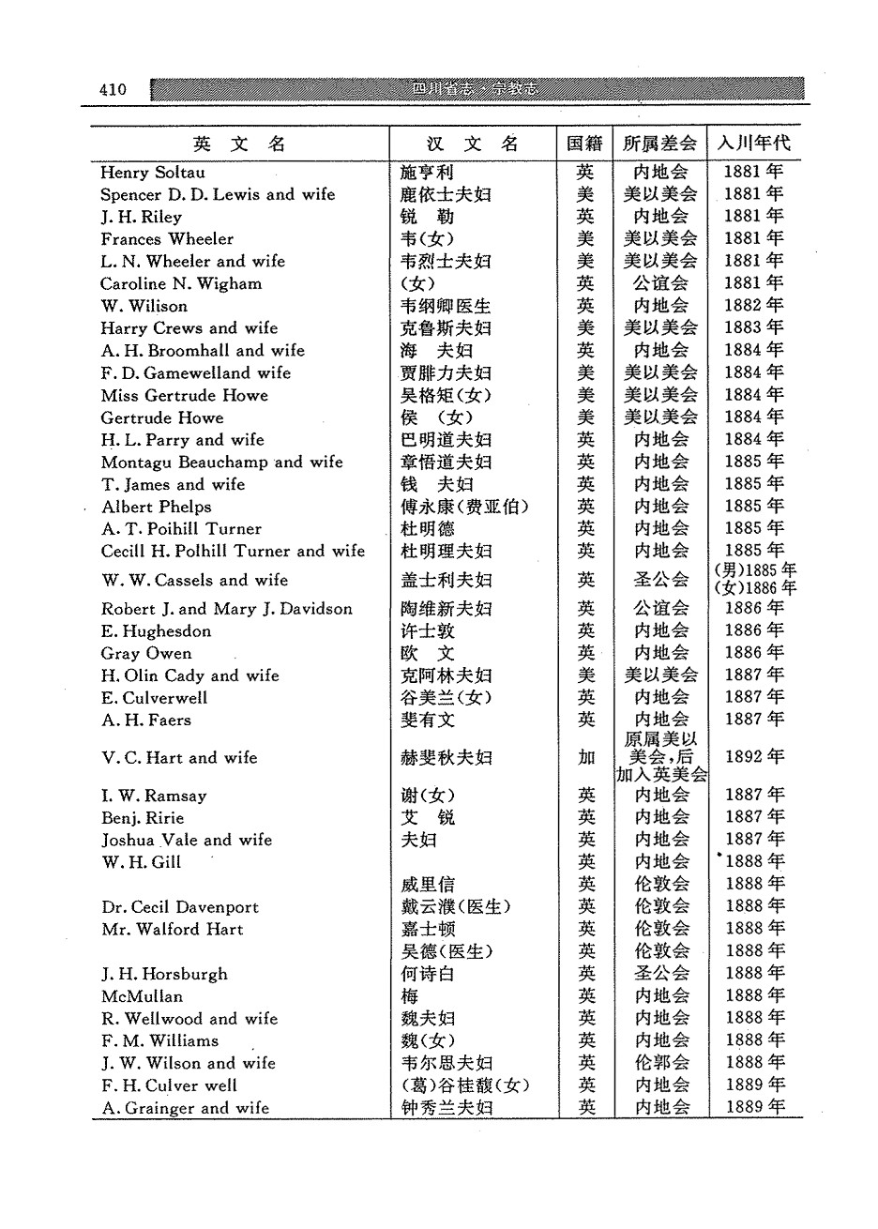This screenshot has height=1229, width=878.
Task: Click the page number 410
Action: [112, 89]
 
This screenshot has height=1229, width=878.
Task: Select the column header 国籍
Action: [584, 144]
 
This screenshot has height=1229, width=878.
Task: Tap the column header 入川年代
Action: [753, 144]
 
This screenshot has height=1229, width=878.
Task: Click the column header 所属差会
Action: [660, 144]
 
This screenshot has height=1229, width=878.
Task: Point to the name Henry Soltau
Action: [152, 173]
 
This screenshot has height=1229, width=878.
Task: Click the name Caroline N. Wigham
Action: [181, 283]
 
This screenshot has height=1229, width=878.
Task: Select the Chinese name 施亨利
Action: [427, 173]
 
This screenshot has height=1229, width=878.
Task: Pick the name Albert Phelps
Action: [156, 507]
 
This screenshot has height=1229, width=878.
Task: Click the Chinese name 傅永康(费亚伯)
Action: [464, 507]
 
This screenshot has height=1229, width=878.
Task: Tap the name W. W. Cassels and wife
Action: [194, 580]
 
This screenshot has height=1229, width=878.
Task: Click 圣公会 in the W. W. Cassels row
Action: [660, 580]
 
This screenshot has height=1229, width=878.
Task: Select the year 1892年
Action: [753, 757]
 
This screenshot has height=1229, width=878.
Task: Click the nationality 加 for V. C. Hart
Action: [586, 758]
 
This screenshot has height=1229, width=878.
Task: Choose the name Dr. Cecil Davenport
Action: [180, 907]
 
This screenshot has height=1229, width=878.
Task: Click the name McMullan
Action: [142, 996]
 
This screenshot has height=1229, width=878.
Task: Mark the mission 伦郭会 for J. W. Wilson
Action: [661, 1063]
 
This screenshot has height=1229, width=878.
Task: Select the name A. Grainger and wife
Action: [185, 1108]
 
